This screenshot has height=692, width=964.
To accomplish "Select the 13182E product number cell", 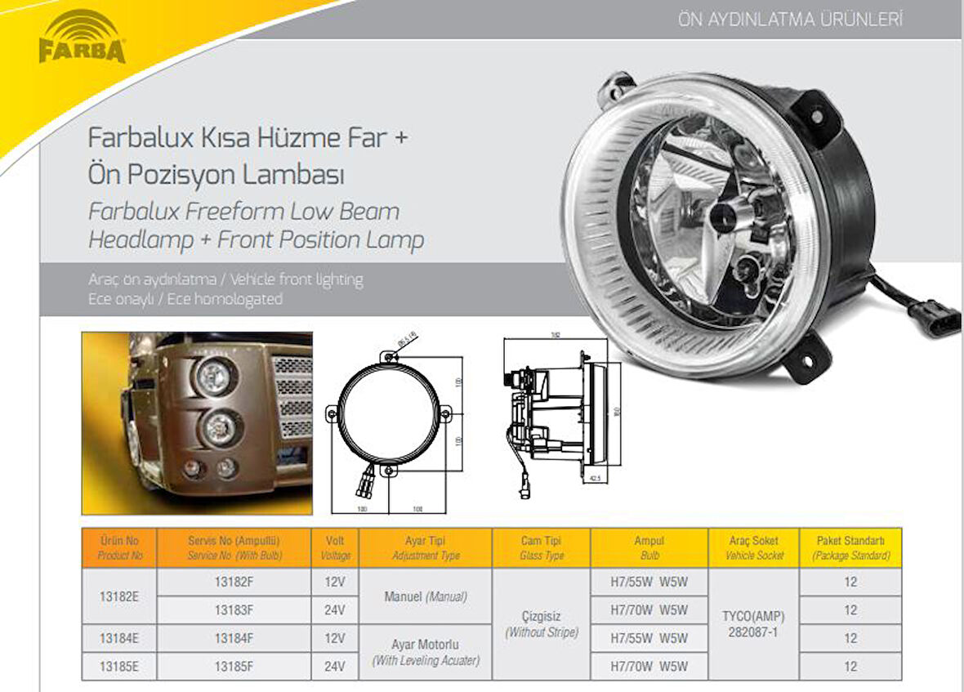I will pos(118,596).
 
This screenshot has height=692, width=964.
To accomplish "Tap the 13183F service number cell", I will pos(234,610).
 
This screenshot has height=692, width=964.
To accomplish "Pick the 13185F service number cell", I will pos(234,666).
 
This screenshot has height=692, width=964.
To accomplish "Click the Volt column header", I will pos(335,547).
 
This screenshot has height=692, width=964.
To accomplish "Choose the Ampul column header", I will pos(649,547).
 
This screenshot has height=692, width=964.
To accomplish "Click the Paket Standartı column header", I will pos(850,547).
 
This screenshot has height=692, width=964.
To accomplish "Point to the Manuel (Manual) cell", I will pos(425,596).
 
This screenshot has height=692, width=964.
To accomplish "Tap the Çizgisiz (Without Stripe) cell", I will pos(541,624).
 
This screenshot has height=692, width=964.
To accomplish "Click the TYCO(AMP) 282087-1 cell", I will pos(753,624).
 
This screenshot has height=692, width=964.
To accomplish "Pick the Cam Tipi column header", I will pos(541,547).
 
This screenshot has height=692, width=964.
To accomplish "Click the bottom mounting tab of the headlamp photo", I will pos(807,359).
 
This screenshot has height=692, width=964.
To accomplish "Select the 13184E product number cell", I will pos(118,638).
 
